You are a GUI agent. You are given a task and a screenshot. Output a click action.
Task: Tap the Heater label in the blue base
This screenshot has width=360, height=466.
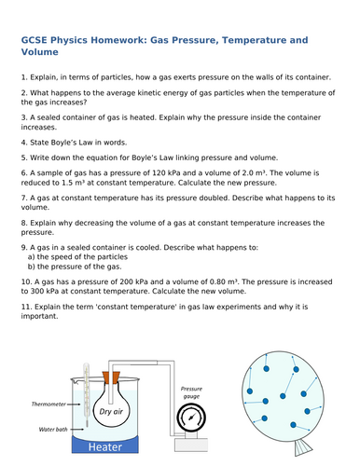pyautogui.click(x=106, y=447)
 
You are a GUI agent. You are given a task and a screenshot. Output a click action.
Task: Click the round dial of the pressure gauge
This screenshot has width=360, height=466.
pyautogui.click(x=192, y=418)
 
